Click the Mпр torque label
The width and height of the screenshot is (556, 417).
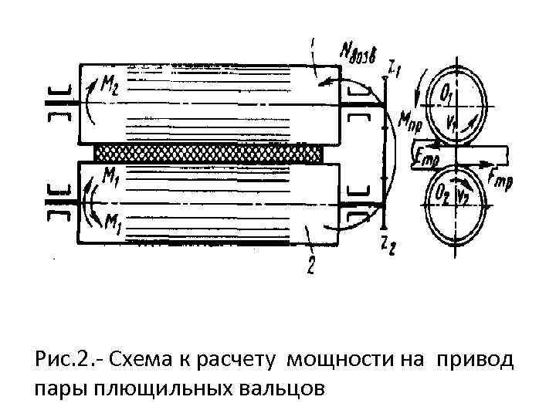coord(410,119)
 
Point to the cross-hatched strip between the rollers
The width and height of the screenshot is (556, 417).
coord(208,153)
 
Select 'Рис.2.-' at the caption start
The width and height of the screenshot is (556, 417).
coord(70,360)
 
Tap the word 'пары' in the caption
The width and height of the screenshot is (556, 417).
coord(58,387)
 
